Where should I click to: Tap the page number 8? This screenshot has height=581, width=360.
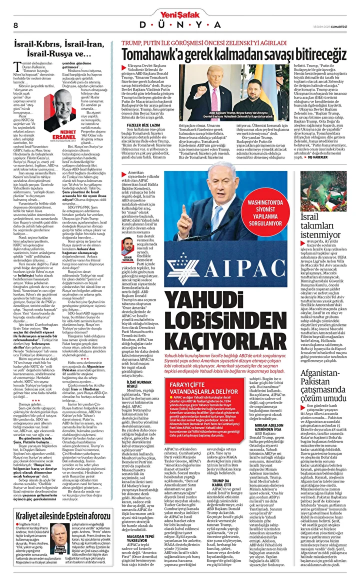[x=16, y=25]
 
